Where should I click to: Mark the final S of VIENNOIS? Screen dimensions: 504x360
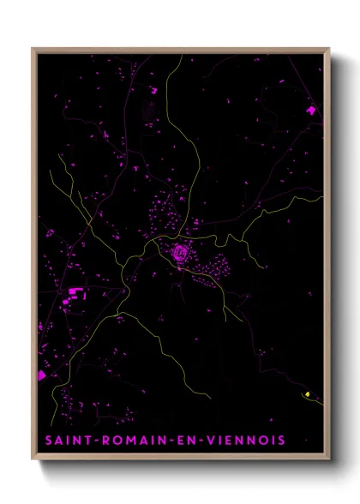[282, 441]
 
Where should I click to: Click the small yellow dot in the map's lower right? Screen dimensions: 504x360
[307, 393]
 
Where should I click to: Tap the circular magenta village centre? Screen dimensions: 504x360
[179, 252]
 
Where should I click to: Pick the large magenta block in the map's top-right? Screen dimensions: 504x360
[310, 110]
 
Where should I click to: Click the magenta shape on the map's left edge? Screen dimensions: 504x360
[42, 375]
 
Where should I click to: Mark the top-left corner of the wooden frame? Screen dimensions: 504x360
[33, 49]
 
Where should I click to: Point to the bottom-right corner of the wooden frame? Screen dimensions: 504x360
[329, 461]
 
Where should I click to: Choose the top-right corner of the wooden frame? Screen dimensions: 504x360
[329, 49]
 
